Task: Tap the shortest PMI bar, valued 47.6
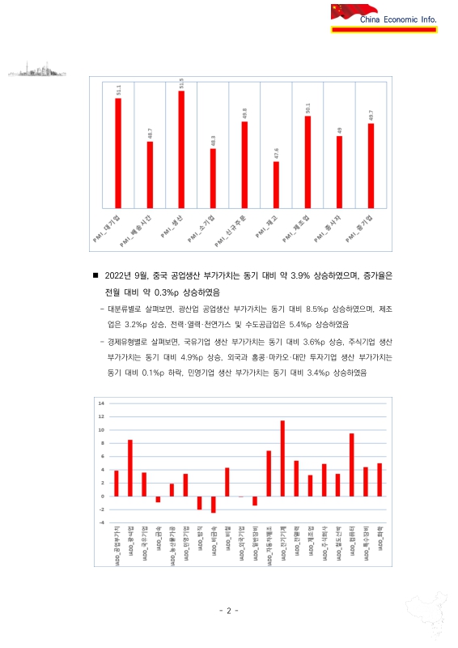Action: (276, 184)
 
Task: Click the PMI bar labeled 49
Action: (340, 171)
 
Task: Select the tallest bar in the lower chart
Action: (282, 458)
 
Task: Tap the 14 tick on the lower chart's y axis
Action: (101, 403)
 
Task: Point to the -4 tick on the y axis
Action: (101, 522)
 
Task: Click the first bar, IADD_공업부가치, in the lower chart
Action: (117, 484)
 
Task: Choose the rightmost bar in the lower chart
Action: (380, 480)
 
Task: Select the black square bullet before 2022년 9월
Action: (96, 275)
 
